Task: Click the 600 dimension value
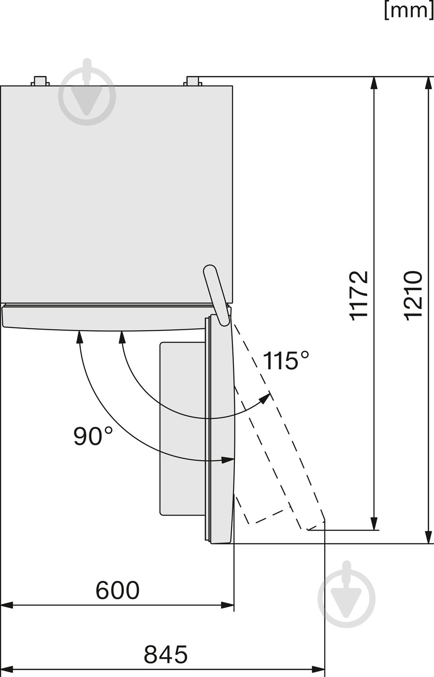coord(117,590)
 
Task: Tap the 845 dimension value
coord(165,655)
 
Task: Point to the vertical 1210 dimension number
coord(414,294)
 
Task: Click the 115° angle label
coord(286,361)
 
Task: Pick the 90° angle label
coord(93,436)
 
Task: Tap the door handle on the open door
coord(216,294)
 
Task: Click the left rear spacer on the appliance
coord(40,80)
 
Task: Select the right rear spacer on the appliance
coord(193,80)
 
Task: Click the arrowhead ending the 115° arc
coord(265,398)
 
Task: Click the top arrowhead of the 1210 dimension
coord(428,83)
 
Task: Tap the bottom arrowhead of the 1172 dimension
coord(374,524)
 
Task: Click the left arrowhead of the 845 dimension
coord(6,669)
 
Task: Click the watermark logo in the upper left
coord(87,95)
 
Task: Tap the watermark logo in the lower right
coord(346,598)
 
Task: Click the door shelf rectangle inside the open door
coord(183,428)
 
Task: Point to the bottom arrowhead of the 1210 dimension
coord(428,537)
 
